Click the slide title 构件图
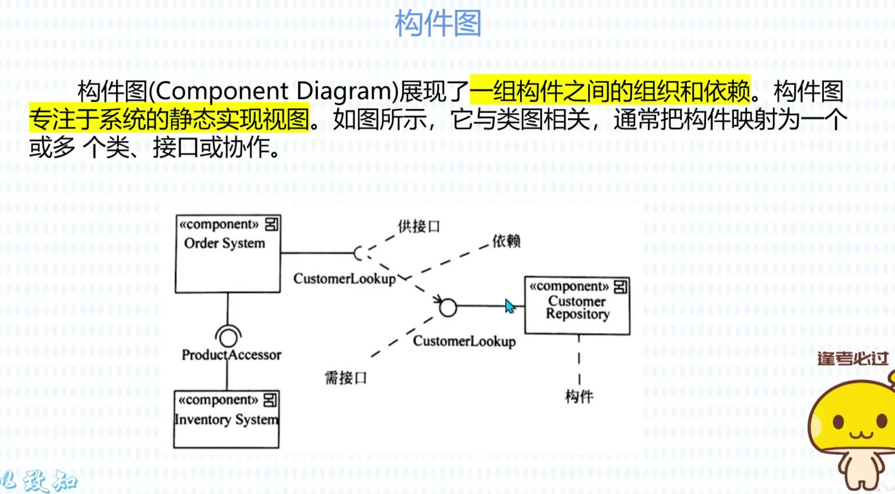pos(438,23)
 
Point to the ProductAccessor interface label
pos(231,355)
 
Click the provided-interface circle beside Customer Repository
pos(448,308)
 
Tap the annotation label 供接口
pos(419,227)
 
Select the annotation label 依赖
pos(506,241)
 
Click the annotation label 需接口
pos(346,378)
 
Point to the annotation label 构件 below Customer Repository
pos(579,396)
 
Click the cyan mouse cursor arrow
pos(509,306)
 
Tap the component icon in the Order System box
pos(272,224)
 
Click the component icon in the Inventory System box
pos(270,400)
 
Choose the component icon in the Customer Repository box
pos(620,286)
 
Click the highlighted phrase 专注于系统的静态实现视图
pos(169,120)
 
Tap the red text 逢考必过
pos(853,359)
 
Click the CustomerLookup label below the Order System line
pos(344,279)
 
